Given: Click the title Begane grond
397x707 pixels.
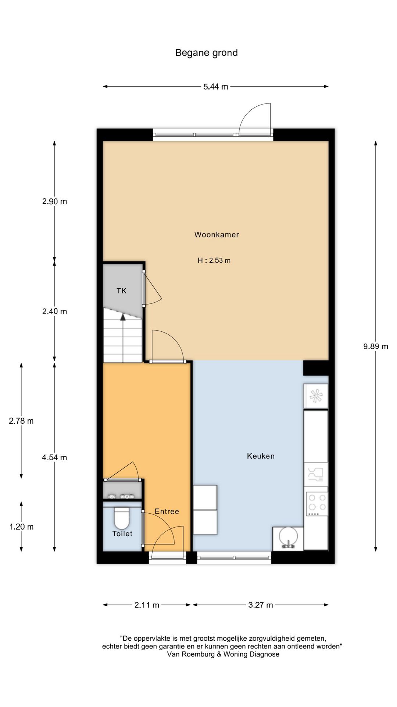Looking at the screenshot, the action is pyautogui.click(x=206, y=53).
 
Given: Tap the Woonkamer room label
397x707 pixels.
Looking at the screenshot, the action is pyautogui.click(x=217, y=235).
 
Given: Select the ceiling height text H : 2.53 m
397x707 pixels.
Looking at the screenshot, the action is pyautogui.click(x=214, y=260).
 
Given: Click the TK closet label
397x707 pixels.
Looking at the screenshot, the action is pyautogui.click(x=121, y=291).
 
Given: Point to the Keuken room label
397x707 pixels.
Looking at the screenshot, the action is pyautogui.click(x=261, y=456).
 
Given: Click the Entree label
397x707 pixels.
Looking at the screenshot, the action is pyautogui.click(x=167, y=511).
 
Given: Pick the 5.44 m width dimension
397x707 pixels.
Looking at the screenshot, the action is pyautogui.click(x=216, y=87).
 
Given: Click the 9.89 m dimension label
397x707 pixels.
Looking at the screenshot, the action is pyautogui.click(x=376, y=346).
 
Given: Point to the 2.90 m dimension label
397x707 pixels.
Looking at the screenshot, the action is pyautogui.click(x=55, y=201).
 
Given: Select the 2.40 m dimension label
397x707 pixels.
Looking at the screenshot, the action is pyautogui.click(x=55, y=312).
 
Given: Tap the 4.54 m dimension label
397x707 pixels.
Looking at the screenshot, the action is pyautogui.click(x=55, y=458).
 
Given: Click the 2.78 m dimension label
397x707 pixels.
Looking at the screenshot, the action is pyautogui.click(x=21, y=421).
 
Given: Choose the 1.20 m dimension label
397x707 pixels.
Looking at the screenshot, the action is pyautogui.click(x=21, y=527).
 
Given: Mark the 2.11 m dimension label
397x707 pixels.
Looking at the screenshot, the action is pyautogui.click(x=147, y=605).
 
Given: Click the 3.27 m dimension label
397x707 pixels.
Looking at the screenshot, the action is pyautogui.click(x=261, y=605).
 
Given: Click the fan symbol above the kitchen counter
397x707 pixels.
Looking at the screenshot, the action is pyautogui.click(x=316, y=396).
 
